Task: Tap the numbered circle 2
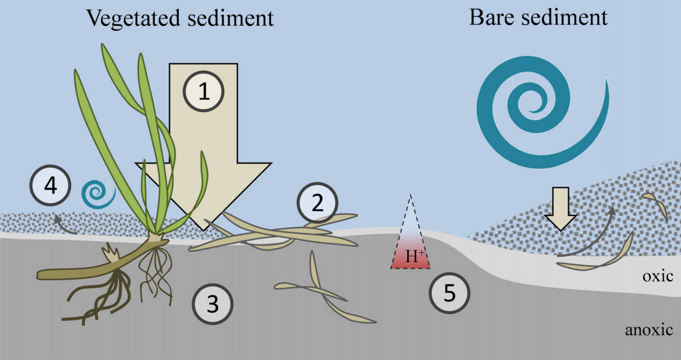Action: (318, 203)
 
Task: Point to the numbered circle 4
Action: (50, 186)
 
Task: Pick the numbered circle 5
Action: (449, 293)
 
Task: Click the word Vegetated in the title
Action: (131, 19)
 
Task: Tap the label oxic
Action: (656, 276)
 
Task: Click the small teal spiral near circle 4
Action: (98, 193)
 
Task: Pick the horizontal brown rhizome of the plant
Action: (84, 270)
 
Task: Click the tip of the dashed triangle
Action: (411, 195)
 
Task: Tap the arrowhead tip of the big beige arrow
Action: (203, 229)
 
